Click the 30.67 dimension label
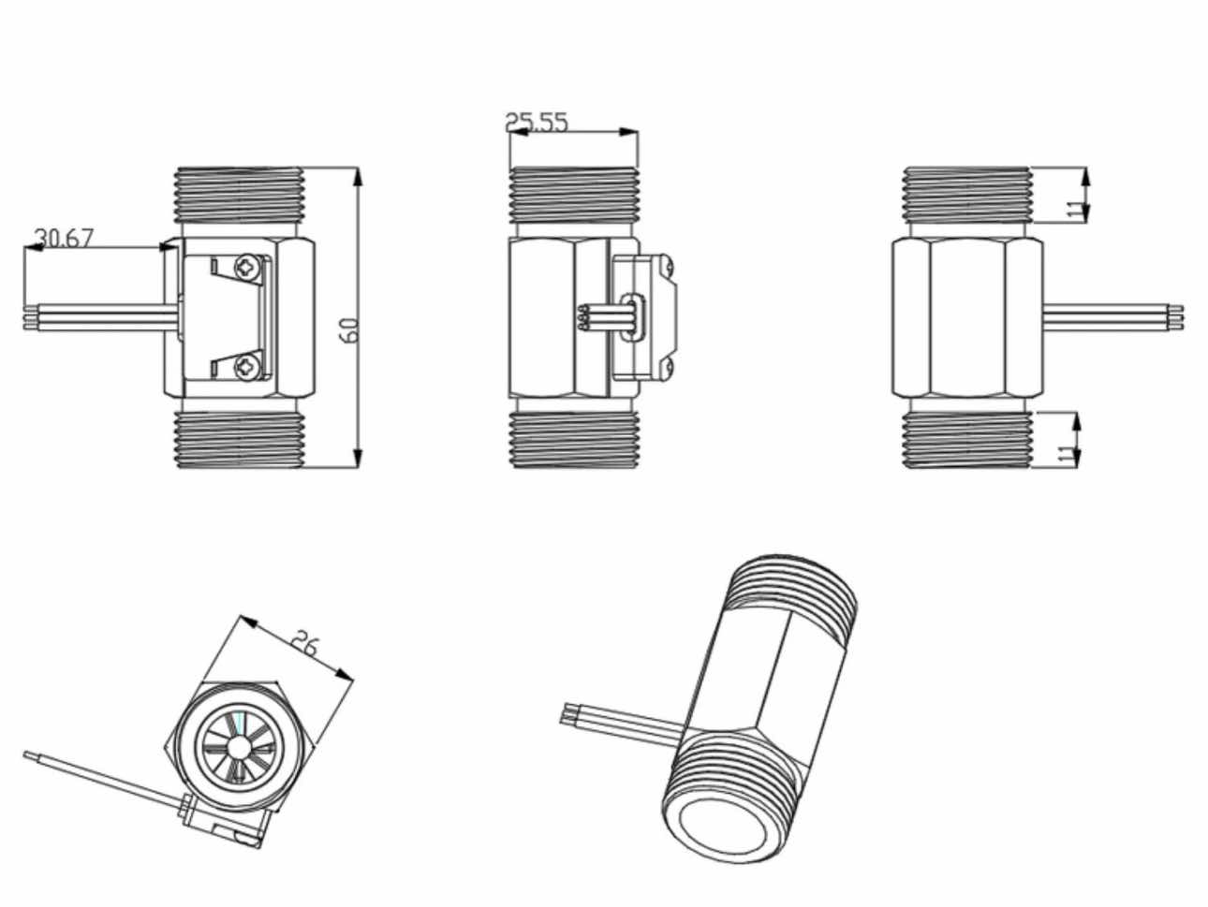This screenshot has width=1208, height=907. coord(65,237)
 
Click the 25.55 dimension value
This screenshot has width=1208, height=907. coord(537,122)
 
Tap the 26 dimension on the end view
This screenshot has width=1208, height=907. coord(305,644)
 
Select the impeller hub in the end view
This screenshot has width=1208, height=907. coord(240,746)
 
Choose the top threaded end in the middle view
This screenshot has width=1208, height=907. coord(573,195)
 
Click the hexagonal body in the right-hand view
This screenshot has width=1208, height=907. coord(966,315)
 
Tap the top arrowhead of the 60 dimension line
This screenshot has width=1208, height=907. coord(357,176)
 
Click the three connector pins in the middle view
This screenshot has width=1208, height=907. coord(582,318)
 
